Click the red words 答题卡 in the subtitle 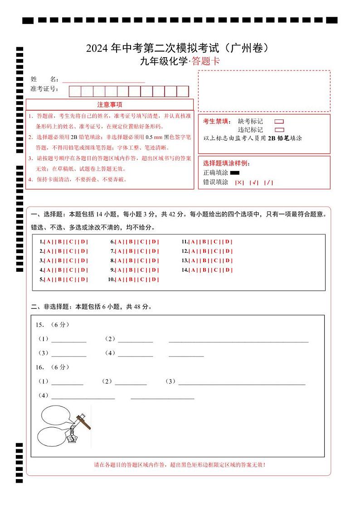click(x=206, y=62)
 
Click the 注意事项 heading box click(x=109, y=105)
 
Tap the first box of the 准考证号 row click(x=75, y=91)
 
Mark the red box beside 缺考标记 click(x=279, y=122)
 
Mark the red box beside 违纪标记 click(x=279, y=130)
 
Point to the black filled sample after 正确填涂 click(x=235, y=173)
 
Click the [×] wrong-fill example click(x=239, y=182)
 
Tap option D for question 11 click(x=228, y=242)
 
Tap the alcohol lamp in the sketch click(x=71, y=438)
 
